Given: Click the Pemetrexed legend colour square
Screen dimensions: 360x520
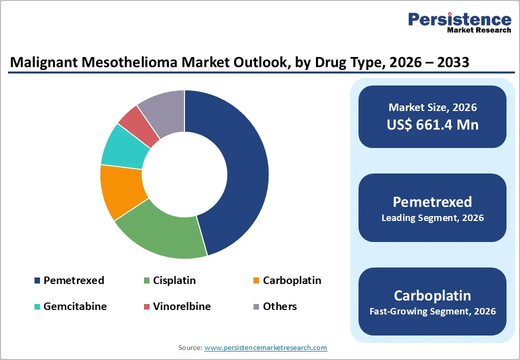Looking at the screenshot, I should tap(37, 280).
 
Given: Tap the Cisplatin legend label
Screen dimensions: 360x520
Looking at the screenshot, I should tap(174, 280).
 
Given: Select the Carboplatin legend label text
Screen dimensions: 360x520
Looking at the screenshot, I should tap(292, 280).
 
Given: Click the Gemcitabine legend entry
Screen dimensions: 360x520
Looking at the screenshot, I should tap(75, 306).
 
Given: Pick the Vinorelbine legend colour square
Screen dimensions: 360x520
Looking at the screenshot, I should tap(146, 306).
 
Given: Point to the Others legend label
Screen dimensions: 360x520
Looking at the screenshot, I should tap(280, 306).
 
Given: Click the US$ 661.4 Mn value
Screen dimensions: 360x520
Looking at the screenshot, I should tap(432, 124).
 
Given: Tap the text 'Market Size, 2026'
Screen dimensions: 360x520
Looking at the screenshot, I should tap(432, 107).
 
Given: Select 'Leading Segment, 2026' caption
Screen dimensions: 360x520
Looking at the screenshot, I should tap(432, 218).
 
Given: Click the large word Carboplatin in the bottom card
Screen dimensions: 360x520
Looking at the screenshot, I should tap(432, 295).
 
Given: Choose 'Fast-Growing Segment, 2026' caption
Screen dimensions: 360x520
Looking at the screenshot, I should tap(432, 311).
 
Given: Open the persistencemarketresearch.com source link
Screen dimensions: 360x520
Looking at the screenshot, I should tap(265, 347).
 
